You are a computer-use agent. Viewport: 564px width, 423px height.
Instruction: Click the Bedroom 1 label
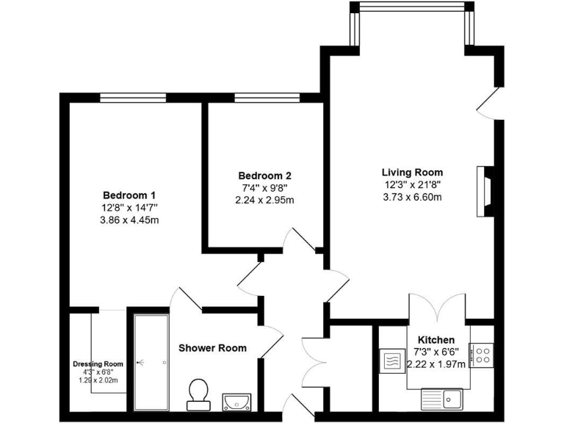(x=129, y=195)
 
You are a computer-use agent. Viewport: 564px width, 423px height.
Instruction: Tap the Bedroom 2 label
(x=264, y=176)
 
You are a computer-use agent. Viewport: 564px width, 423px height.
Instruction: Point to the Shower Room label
(x=212, y=347)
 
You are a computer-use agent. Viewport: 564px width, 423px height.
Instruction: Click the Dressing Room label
(x=98, y=364)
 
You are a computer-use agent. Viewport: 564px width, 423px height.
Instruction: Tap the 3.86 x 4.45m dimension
(x=129, y=220)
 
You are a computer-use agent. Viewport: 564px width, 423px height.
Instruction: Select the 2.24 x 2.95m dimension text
(x=264, y=199)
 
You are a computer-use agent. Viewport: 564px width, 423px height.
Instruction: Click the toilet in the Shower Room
(x=198, y=394)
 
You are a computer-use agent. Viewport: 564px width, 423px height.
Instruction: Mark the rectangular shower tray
(x=152, y=362)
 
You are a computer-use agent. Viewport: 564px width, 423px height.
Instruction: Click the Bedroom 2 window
(x=267, y=97)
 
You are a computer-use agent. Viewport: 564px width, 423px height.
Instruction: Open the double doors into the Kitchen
(x=437, y=307)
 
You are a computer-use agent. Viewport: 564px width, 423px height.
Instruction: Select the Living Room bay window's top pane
(x=411, y=7)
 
